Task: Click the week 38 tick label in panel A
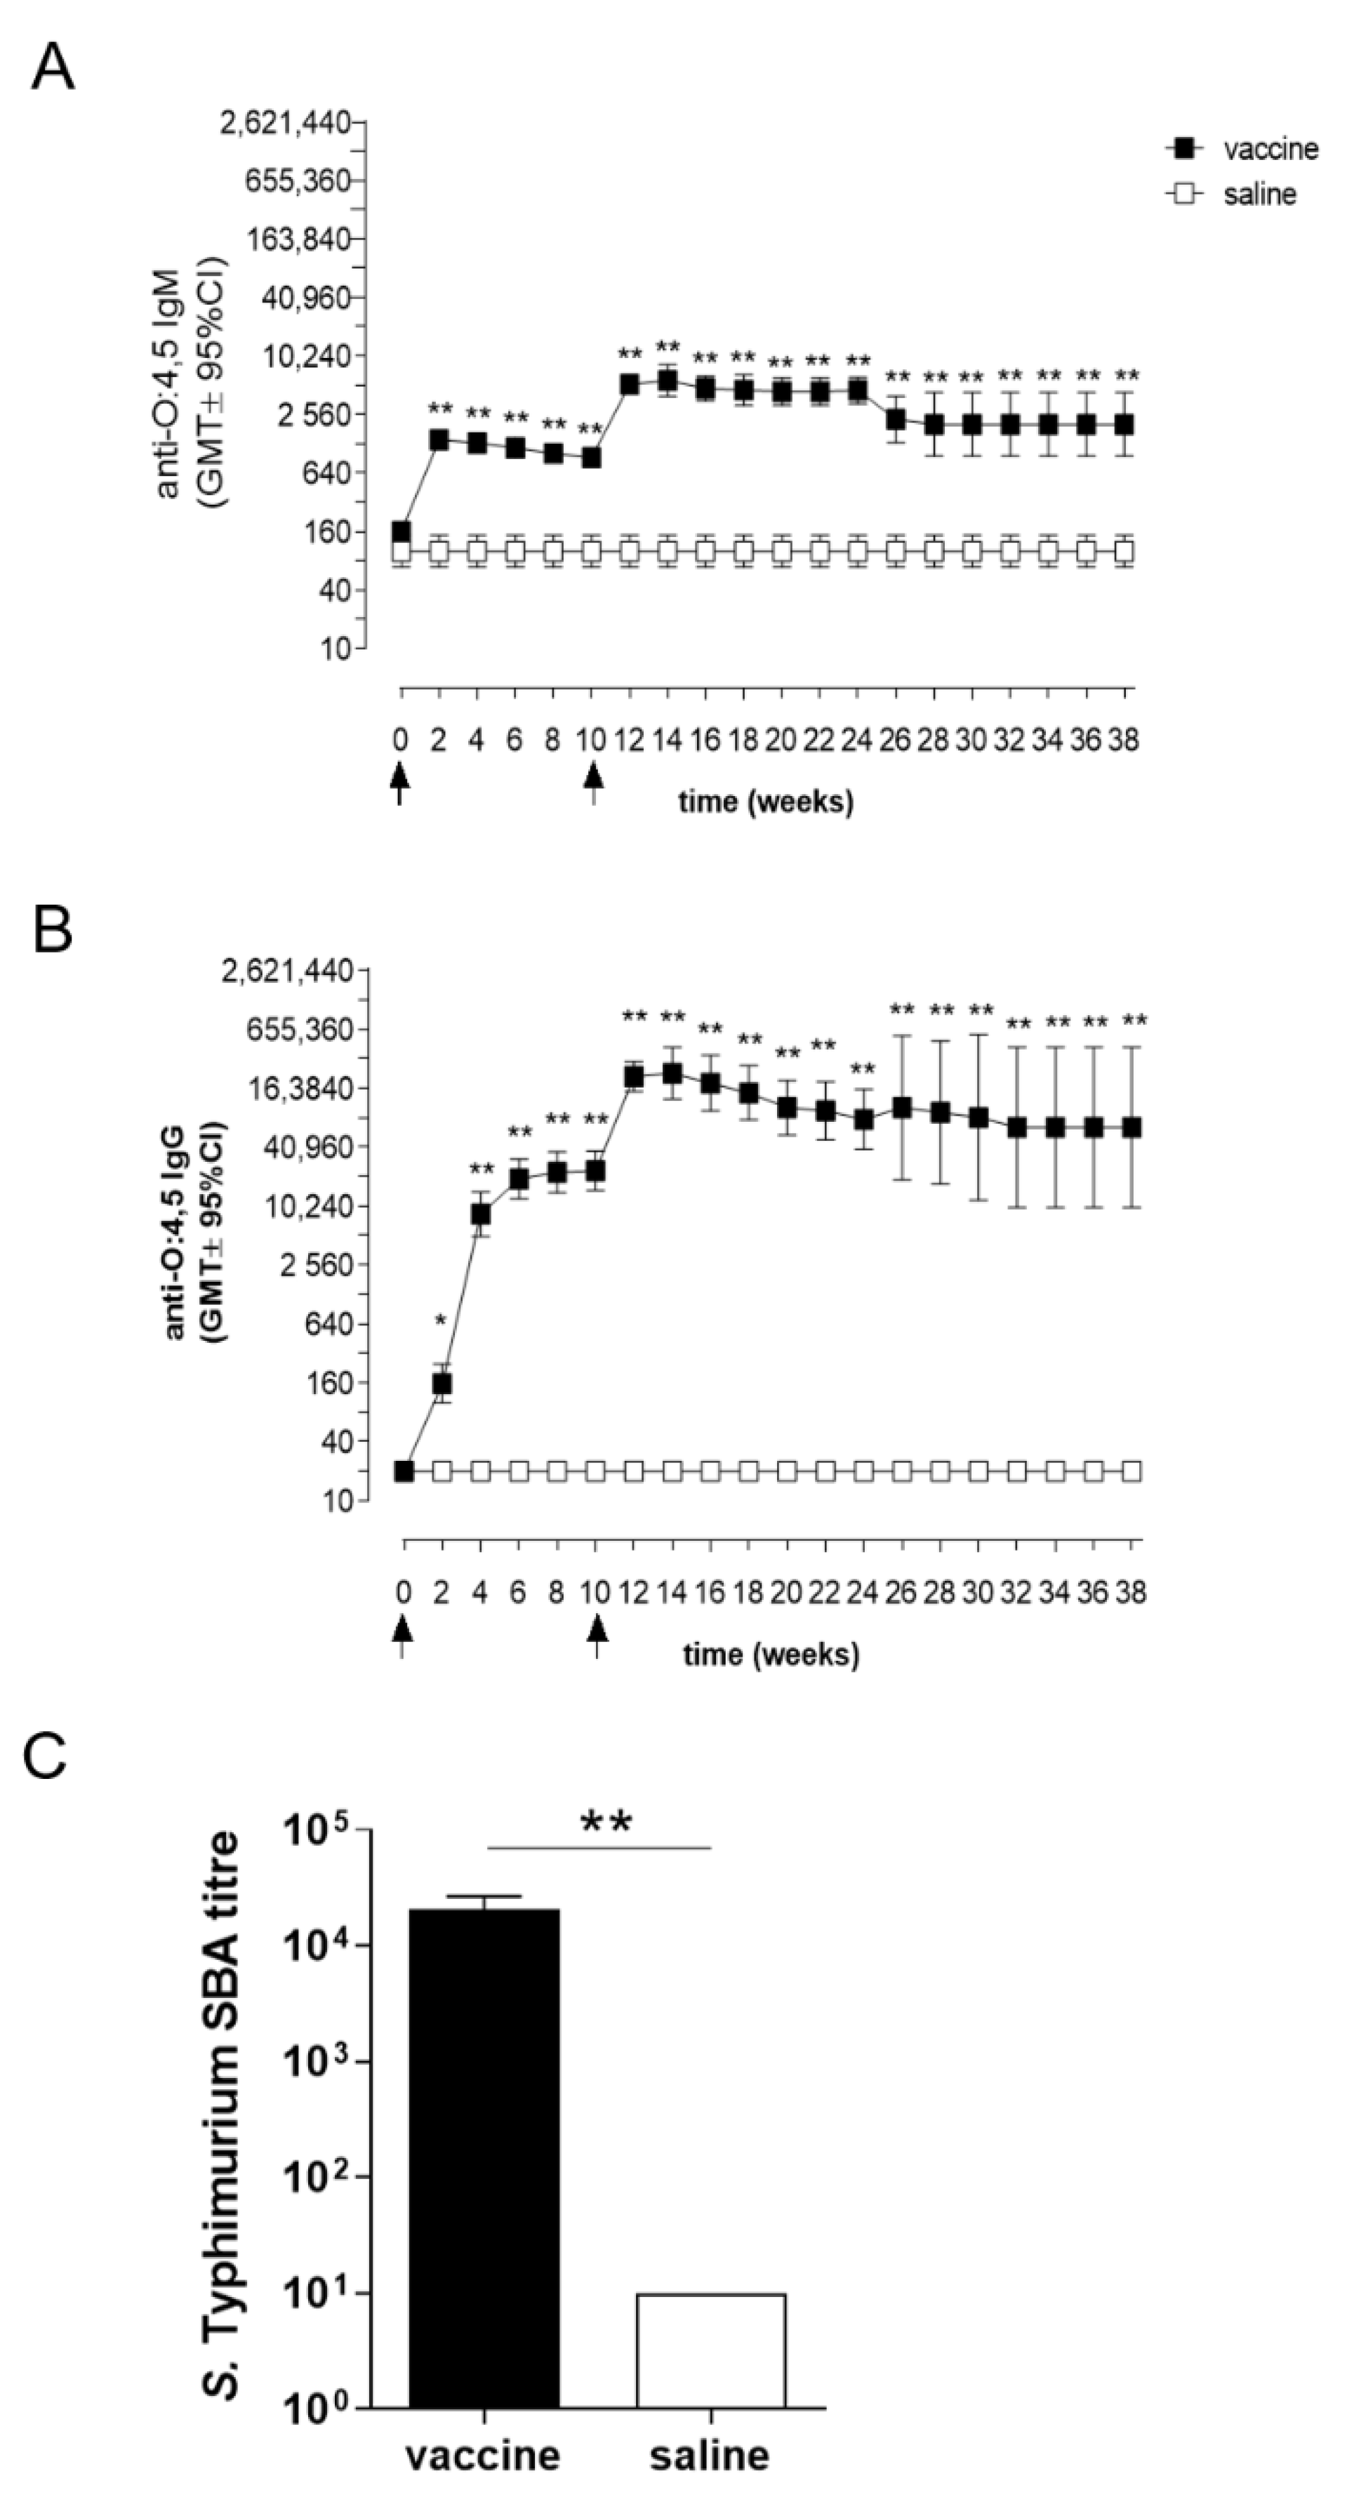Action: tap(1123, 740)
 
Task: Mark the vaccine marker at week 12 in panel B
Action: tap(634, 1075)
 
